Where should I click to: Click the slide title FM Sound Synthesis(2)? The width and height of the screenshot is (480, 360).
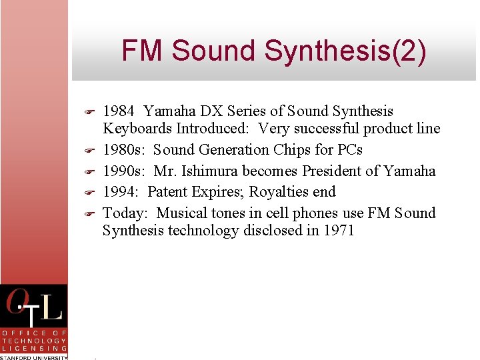click(273, 51)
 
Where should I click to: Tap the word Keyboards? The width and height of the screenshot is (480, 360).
click(137, 129)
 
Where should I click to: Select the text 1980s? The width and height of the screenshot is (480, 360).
click(125, 150)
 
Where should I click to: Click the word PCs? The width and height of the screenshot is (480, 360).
click(347, 150)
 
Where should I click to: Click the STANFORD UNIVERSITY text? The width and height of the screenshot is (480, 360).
click(33, 357)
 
